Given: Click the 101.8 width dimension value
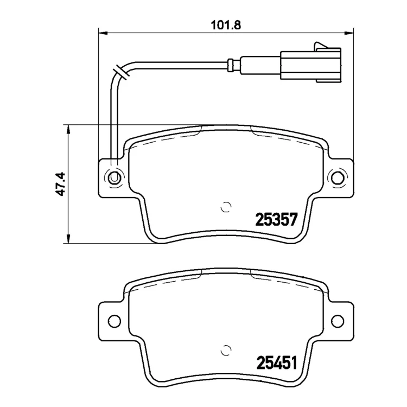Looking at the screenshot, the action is [226, 26].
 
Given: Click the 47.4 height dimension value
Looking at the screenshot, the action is [61, 184].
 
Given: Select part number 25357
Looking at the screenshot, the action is [276, 219].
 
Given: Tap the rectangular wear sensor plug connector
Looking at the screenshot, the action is [310, 65].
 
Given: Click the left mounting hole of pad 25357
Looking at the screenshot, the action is [114, 177].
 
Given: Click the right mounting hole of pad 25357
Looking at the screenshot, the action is [338, 177].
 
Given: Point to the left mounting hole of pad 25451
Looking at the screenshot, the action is [114, 321].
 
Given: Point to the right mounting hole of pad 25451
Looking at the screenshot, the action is [338, 321].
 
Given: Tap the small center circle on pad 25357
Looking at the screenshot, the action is [226, 207].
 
